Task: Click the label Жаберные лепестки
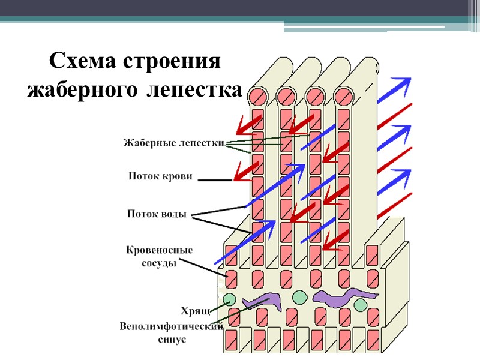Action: (174, 143)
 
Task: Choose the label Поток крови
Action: (161, 177)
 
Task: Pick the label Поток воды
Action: (157, 214)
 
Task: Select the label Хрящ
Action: (195, 310)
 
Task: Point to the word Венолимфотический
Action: (172, 326)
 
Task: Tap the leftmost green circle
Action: (229, 299)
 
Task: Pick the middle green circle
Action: (299, 297)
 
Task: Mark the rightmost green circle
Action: (361, 305)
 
